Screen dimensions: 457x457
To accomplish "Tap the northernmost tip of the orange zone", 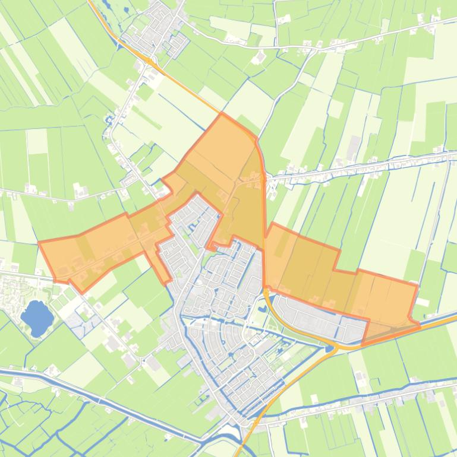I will pos(222,113).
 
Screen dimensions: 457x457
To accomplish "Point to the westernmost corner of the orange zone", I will pos(39,243).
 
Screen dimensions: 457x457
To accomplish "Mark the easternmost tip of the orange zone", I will pos(420,326).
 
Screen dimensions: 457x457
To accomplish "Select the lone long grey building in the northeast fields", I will pos(355,144).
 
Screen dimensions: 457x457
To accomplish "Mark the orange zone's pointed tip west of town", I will pos(168,283).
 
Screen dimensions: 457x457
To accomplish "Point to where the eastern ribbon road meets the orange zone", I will pos(264,177).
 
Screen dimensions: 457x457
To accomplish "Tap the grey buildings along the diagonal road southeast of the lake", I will pos(113,344).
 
